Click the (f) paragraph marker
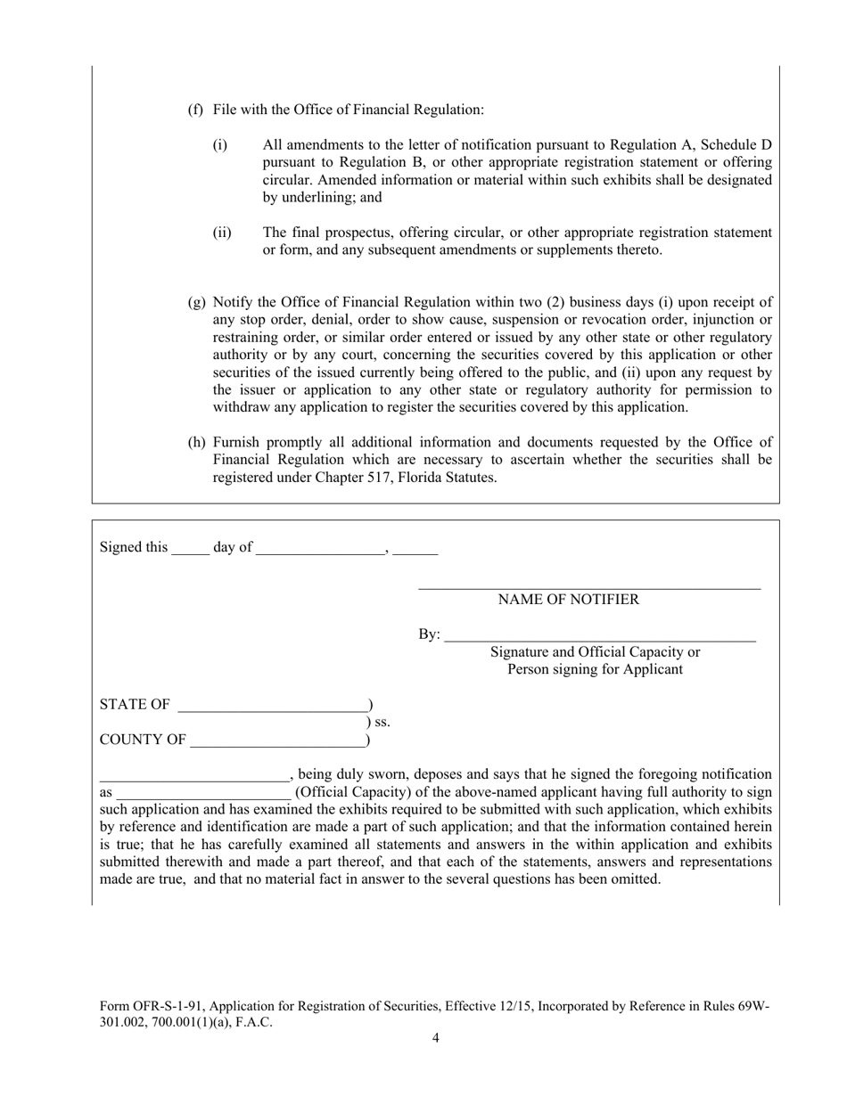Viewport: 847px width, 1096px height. [194, 110]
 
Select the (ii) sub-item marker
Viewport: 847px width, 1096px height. [221, 233]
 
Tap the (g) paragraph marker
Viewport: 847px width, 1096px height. [195, 302]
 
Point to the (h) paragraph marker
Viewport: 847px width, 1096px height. [195, 442]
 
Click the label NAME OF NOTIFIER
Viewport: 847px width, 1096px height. [568, 600]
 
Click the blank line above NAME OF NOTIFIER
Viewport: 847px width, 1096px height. [589, 586]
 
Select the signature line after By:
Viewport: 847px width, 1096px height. [599, 638]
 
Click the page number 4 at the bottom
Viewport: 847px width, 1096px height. [435, 1038]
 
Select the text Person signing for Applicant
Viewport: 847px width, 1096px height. [595, 669]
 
